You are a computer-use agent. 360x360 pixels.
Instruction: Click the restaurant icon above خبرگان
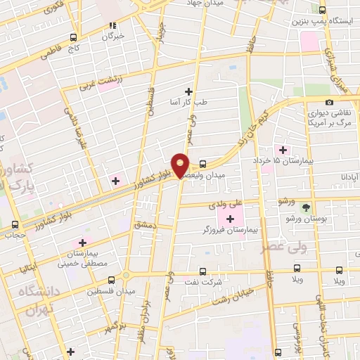[110, 25]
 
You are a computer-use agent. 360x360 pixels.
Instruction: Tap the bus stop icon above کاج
[74, 39]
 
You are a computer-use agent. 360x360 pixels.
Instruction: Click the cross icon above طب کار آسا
[188, 91]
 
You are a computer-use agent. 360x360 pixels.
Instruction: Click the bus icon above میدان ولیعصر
[202, 159]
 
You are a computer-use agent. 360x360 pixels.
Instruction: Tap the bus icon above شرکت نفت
[202, 271]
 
